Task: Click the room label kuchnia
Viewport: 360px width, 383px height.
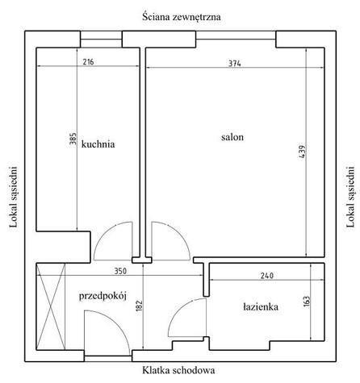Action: [x=98, y=144]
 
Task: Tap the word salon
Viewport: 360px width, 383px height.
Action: [x=232, y=137]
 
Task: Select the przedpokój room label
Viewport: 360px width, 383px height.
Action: [x=103, y=296]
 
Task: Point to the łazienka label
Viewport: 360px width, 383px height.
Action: [x=261, y=306]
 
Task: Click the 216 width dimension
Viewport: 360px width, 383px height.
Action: [x=88, y=62]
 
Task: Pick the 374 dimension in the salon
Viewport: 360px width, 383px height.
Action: [x=235, y=64]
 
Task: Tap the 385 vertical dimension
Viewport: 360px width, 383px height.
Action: [x=73, y=139]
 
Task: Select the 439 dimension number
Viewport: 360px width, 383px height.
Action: [x=302, y=152]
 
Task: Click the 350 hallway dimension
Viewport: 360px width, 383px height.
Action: [x=120, y=271]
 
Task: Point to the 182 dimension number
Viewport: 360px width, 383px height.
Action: [x=139, y=306]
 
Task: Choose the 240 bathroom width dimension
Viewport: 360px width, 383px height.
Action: [x=267, y=276]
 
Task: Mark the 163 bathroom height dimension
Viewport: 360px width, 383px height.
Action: [x=307, y=302]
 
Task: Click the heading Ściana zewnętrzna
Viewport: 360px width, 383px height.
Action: [x=182, y=17]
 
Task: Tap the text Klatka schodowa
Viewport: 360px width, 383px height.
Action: [x=178, y=370]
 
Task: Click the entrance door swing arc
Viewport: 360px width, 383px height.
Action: [x=118, y=323]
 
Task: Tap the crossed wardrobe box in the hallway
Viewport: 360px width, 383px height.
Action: [x=51, y=306]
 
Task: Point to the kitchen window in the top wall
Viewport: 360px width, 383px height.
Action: [x=101, y=40]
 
